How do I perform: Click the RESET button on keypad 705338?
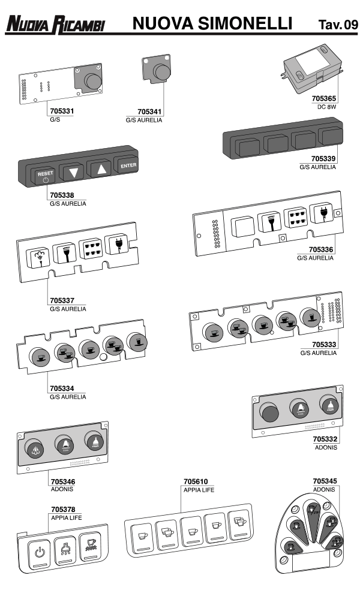point(45,175)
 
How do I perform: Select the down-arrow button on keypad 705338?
point(74,171)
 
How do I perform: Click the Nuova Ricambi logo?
point(55,25)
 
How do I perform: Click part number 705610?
point(196,481)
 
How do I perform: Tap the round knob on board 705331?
point(92,82)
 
